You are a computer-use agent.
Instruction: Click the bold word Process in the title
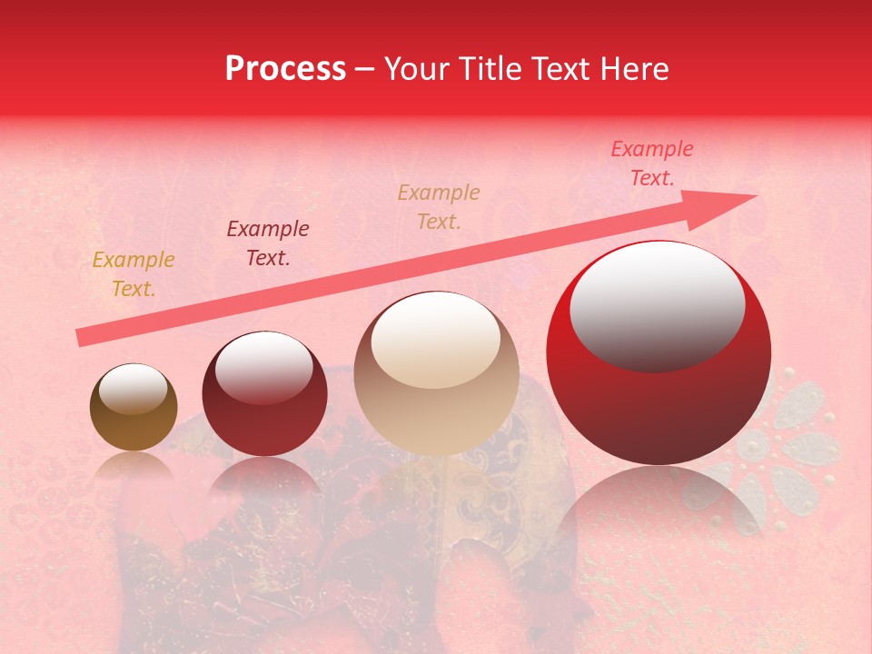tap(285, 69)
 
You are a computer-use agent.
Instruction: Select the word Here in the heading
tap(636, 69)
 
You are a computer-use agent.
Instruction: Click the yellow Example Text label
tap(134, 274)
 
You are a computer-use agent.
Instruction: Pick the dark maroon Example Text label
tap(268, 243)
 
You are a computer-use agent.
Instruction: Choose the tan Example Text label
tap(439, 206)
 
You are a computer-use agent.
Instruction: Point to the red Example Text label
tap(651, 163)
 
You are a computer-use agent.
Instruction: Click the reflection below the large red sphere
tap(659, 509)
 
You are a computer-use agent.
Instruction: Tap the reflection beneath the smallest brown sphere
tap(134, 465)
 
